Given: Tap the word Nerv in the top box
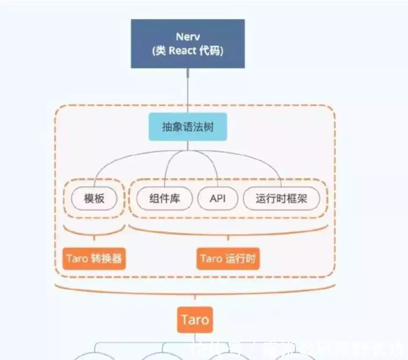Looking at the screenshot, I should tap(188, 37).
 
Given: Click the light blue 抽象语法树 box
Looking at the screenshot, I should tap(188, 127).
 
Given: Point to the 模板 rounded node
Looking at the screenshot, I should tap(94, 199).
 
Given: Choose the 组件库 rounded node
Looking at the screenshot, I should tap(164, 199).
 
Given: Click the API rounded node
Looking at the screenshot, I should tap(218, 199).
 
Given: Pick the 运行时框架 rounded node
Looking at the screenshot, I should tap(281, 199).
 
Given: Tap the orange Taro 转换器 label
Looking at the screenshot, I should tap(94, 258).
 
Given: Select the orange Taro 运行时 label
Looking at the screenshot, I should tap(228, 258).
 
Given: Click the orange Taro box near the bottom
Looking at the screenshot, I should tap(195, 320).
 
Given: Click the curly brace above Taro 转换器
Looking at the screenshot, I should tap(94, 233).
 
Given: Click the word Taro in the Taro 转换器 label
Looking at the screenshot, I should tap(76, 258).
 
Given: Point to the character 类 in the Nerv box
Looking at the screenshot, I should tap(160, 51).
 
